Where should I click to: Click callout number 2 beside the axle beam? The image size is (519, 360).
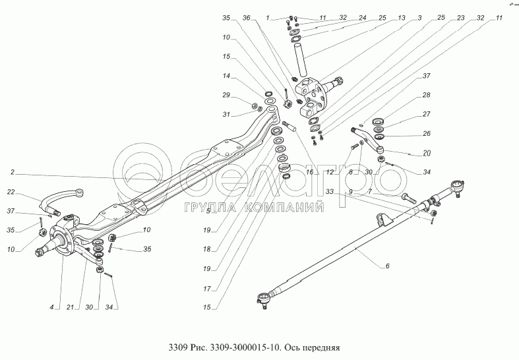tap(12, 173)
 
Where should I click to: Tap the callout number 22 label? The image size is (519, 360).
tap(11, 192)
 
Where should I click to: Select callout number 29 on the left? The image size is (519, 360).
tap(226, 96)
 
